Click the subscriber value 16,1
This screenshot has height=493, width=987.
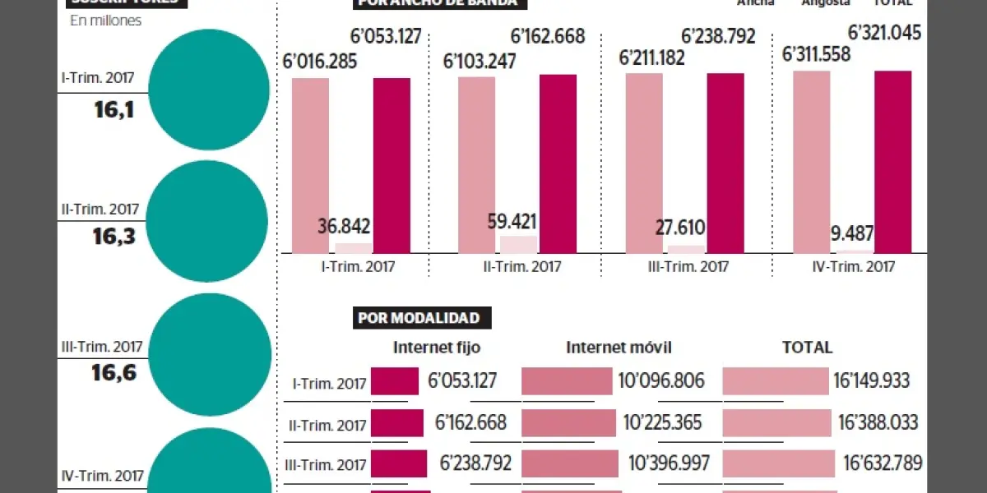(x=114, y=109)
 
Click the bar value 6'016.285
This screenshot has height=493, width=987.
(x=319, y=62)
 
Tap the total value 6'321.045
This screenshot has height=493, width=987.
(x=884, y=34)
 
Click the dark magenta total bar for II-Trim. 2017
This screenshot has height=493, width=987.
(x=558, y=164)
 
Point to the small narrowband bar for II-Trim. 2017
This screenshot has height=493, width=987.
(x=518, y=244)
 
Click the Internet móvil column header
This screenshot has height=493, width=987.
(x=619, y=348)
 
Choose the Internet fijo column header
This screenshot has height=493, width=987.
(x=437, y=348)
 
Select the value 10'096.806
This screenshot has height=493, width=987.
(x=660, y=381)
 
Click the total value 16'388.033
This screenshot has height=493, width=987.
(x=878, y=422)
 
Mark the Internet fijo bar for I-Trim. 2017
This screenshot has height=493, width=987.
(x=395, y=381)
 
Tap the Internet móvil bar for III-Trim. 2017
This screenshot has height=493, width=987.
(x=572, y=463)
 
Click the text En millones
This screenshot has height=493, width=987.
(x=105, y=21)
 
